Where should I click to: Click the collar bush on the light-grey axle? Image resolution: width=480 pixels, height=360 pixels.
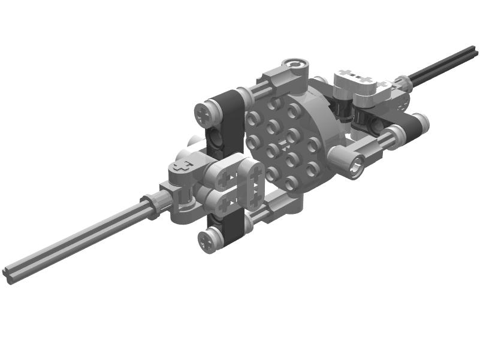[x=155, y=205]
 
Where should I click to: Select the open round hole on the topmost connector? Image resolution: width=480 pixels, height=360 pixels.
[x=294, y=65]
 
